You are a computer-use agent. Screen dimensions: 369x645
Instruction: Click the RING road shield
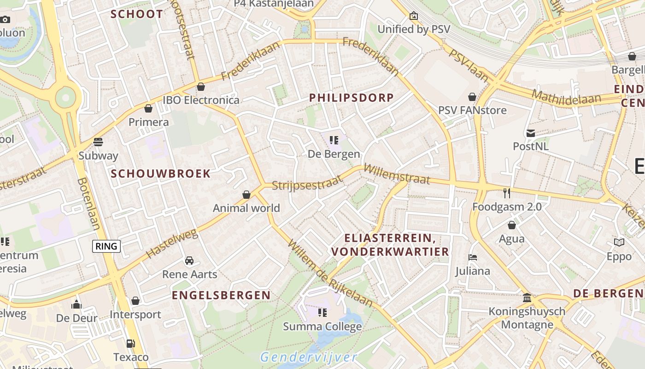[x=106, y=246]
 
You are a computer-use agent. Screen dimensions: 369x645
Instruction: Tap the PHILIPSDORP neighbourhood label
[x=352, y=98]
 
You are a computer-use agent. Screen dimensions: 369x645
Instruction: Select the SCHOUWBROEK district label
[x=161, y=174]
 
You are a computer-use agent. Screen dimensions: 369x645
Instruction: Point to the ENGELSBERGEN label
[x=221, y=295]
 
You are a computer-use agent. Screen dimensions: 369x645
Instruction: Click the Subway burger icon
[x=98, y=142]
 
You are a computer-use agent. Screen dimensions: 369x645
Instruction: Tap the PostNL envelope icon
[x=531, y=133]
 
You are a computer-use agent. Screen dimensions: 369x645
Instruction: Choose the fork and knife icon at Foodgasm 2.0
[x=507, y=193]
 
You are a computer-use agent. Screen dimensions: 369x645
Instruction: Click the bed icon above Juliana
[x=472, y=257]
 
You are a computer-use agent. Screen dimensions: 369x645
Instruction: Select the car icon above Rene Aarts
[x=189, y=261]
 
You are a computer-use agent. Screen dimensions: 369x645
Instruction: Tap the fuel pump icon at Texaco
[x=131, y=343]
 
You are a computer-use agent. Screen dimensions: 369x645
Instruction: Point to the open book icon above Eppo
[x=619, y=243]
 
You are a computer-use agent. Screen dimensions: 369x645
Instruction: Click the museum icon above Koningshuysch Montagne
[x=527, y=298]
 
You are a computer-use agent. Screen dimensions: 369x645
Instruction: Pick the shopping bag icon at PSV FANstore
[x=472, y=97]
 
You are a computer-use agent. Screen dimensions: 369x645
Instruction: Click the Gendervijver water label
[x=309, y=357]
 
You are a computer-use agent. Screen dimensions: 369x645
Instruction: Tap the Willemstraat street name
[x=397, y=175]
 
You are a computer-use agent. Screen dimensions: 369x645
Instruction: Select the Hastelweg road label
[x=171, y=244]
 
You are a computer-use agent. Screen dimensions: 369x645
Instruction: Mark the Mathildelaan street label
[x=566, y=97]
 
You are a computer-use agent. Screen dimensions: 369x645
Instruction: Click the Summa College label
[x=322, y=327]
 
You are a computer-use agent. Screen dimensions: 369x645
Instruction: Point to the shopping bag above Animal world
[x=246, y=195]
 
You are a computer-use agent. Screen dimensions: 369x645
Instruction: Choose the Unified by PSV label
[x=414, y=29]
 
